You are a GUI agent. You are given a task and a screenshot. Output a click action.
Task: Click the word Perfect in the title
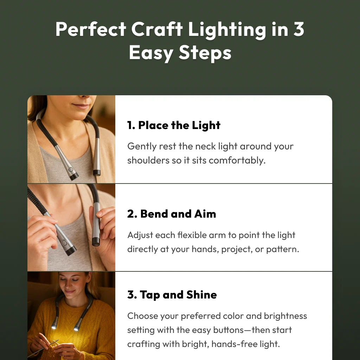tap(90, 30)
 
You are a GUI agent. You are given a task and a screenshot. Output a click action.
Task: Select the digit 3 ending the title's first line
tap(298, 30)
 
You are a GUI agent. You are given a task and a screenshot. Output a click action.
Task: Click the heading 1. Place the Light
tap(174, 126)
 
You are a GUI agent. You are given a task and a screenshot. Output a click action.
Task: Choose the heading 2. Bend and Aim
tap(171, 214)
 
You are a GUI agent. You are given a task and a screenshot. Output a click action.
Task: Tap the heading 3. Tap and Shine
tap(172, 295)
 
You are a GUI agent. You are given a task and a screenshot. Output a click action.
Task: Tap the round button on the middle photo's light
tap(64, 243)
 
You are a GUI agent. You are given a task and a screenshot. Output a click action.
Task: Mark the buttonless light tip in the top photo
tap(97, 173)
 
